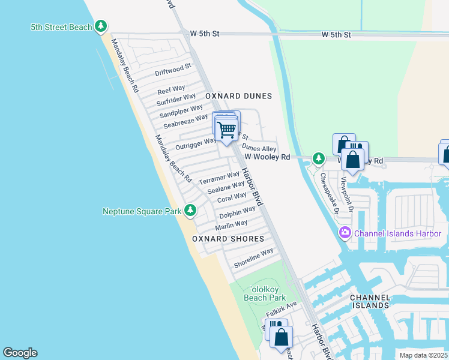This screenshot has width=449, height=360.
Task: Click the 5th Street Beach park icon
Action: [101, 26]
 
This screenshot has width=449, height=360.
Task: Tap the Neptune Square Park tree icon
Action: [190, 210]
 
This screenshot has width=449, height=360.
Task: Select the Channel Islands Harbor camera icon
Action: [345, 233]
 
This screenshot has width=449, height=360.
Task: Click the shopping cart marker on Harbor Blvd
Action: [226, 129]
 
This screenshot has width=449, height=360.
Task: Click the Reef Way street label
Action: [171, 90]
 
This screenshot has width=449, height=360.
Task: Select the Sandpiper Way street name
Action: [181, 112]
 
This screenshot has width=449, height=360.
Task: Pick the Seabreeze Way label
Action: [185, 121]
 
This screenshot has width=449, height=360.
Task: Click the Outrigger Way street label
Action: [195, 144]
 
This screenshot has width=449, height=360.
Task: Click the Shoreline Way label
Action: [253, 259]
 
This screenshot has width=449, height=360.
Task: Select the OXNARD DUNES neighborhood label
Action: [238, 96]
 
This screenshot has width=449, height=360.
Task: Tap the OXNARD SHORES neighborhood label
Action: [228, 239]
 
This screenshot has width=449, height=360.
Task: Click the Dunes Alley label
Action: [259, 148]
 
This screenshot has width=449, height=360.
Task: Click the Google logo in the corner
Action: [20, 353]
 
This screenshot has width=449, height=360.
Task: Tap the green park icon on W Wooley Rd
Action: [319, 158]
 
